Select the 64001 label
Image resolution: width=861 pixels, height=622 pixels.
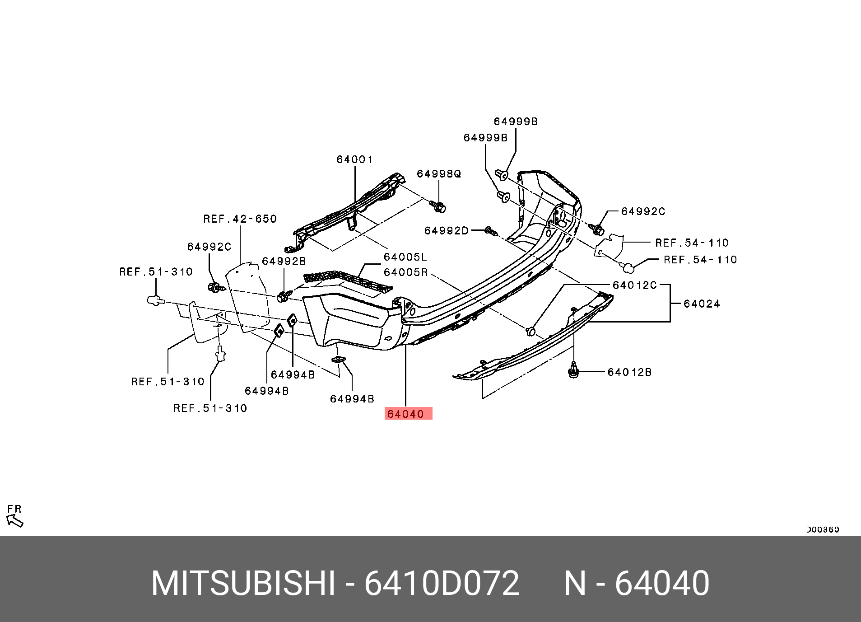pyautogui.click(x=355, y=159)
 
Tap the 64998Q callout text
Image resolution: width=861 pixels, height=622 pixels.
pyautogui.click(x=439, y=174)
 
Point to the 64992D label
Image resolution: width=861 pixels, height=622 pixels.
pyautogui.click(x=447, y=231)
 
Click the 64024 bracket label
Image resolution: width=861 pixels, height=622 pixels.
pyautogui.click(x=702, y=304)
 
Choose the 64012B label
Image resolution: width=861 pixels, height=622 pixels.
pyautogui.click(x=629, y=372)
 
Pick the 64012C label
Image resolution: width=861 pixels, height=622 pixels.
pyautogui.click(x=634, y=285)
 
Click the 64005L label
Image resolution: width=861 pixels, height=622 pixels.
pyautogui.click(x=405, y=257)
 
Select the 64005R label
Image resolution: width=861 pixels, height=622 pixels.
pyautogui.click(x=405, y=272)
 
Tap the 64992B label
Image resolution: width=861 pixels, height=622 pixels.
pyautogui.click(x=284, y=262)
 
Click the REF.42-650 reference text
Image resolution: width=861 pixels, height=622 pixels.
pyautogui.click(x=240, y=219)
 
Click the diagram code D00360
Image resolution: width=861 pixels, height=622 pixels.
pyautogui.click(x=823, y=529)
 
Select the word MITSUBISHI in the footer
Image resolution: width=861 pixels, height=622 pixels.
pyautogui.click(x=243, y=583)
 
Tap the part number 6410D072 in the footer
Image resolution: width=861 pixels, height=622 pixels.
pyautogui.click(x=442, y=583)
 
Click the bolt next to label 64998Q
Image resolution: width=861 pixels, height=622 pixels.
pyautogui.click(x=439, y=207)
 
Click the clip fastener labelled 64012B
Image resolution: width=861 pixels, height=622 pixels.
pyautogui.click(x=573, y=370)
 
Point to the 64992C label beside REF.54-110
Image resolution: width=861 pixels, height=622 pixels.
pyautogui.click(x=643, y=211)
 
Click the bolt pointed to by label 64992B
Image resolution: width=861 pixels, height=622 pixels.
pyautogui.click(x=284, y=296)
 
